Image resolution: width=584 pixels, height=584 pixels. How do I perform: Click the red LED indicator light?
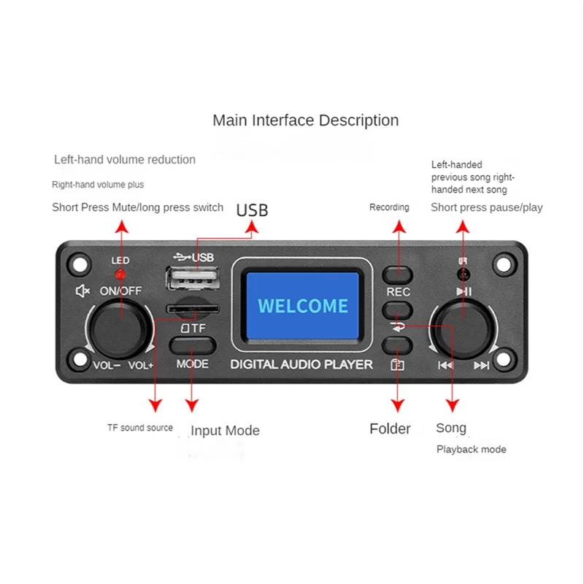click(121, 274)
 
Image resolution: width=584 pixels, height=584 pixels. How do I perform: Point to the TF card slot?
click(191, 310)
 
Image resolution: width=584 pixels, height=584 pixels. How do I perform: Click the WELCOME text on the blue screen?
click(303, 305)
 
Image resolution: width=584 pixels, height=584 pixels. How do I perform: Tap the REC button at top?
click(398, 274)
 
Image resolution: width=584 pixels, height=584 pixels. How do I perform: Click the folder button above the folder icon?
click(398, 346)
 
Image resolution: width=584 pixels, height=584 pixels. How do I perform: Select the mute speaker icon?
click(82, 291)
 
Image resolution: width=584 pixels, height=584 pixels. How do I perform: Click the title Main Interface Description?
click(305, 120)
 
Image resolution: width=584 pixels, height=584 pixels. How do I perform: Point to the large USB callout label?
click(252, 210)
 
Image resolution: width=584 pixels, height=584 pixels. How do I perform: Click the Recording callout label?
click(389, 207)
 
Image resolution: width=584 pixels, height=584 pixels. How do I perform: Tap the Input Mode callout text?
click(225, 431)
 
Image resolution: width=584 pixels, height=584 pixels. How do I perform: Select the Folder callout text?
click(390, 429)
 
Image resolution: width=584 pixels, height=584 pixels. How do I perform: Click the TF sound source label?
click(139, 428)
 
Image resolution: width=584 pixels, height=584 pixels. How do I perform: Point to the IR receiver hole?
click(463, 274)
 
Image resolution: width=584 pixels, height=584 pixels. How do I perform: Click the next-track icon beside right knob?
click(481, 366)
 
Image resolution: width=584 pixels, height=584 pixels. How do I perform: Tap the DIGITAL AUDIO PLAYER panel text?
click(301, 364)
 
